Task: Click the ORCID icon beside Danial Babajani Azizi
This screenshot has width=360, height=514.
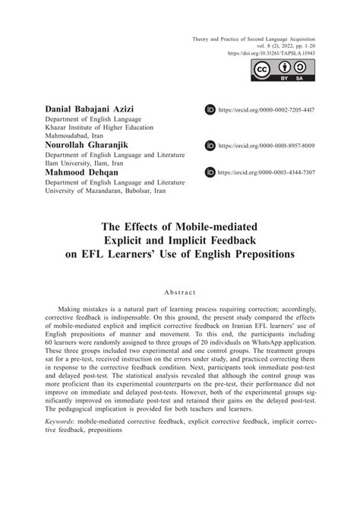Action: click(x=210, y=111)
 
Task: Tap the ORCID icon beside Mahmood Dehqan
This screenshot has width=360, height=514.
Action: click(x=210, y=173)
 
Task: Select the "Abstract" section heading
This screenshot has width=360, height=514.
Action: click(x=180, y=292)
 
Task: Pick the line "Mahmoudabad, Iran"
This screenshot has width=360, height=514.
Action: click(x=73, y=137)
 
